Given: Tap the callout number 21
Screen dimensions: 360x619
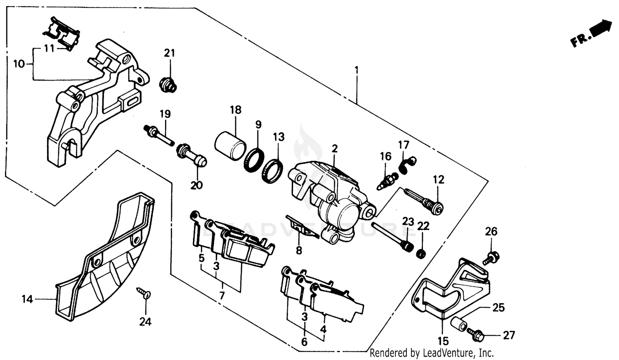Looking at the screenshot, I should click(169, 53).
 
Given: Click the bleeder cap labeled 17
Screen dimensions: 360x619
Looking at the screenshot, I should click(408, 163).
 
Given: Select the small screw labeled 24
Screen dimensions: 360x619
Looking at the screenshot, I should click(145, 294).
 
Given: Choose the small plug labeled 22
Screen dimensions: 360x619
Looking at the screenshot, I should click(421, 254).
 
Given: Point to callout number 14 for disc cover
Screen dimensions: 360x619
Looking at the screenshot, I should click(27, 299).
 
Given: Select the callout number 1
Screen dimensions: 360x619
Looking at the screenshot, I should click(357, 70).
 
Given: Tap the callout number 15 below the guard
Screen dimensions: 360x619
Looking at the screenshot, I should click(443, 341).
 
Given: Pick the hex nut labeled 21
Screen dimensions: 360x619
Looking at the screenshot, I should click(168, 85).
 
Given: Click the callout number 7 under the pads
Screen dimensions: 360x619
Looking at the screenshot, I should click(222, 296).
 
